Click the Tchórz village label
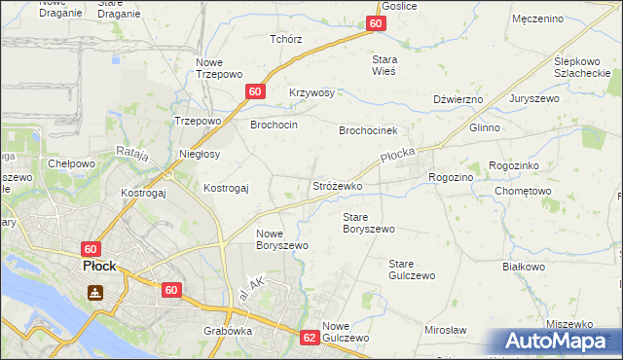click(x=286, y=40)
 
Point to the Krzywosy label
click(x=311, y=93)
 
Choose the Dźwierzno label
click(x=458, y=99)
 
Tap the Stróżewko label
click(x=337, y=185)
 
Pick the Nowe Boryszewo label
click(x=282, y=239)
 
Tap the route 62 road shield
click(x=310, y=338)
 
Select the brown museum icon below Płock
click(x=95, y=292)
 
